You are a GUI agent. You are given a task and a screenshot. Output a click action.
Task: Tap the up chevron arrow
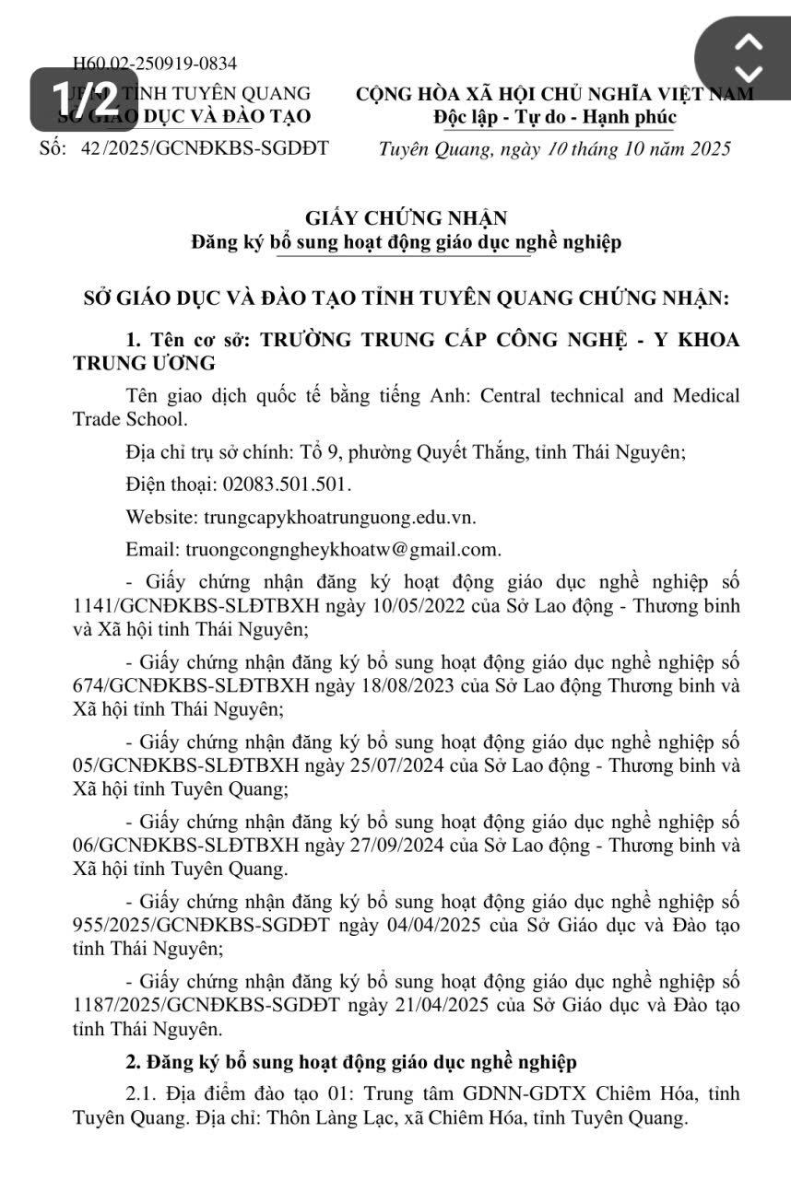click(x=750, y=41)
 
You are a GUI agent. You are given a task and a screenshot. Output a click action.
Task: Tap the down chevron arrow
click(x=750, y=73)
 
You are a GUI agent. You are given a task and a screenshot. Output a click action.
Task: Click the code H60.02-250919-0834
click(x=155, y=64)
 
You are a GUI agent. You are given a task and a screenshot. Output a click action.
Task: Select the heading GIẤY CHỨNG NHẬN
click(x=406, y=218)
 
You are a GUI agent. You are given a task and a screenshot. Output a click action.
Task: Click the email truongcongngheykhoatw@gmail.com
click(x=343, y=550)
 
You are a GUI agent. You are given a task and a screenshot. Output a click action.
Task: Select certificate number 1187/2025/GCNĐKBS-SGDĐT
click(x=206, y=1003)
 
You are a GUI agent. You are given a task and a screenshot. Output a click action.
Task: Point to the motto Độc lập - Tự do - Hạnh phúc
click(x=555, y=118)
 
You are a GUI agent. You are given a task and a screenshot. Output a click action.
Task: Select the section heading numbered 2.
click(x=351, y=1062)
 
